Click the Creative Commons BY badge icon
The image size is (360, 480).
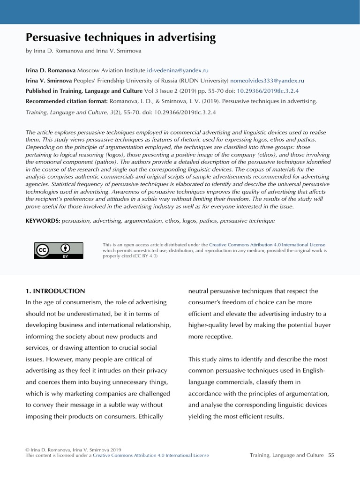(x=59, y=250)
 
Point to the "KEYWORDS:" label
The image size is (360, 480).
(x=43, y=220)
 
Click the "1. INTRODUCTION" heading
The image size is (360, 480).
(x=55, y=291)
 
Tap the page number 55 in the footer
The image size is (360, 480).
(x=331, y=455)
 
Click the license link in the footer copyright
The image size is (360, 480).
(x=150, y=455)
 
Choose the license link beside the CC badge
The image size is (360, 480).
(x=267, y=245)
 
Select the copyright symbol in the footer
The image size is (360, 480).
(x=27, y=450)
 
